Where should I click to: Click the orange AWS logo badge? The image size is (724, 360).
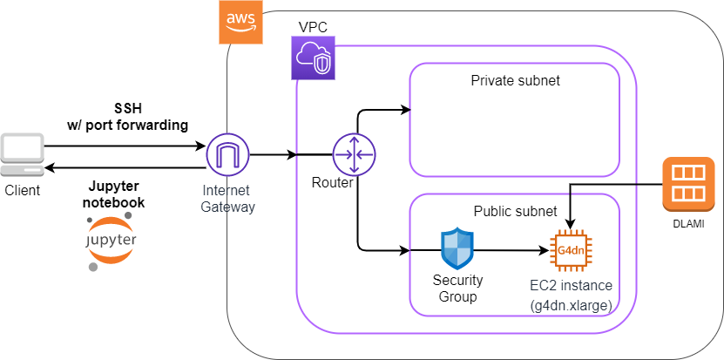tap(240, 22)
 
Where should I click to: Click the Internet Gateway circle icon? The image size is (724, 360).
tap(228, 155)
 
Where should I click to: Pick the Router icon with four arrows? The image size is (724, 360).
tap(354, 155)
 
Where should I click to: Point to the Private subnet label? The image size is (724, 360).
tap(515, 81)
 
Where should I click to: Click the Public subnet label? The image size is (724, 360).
tap(515, 212)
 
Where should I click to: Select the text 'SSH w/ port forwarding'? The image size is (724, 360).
tap(127, 116)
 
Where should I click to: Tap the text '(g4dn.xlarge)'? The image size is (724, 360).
tap(571, 304)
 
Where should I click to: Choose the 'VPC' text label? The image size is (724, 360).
tap(312, 27)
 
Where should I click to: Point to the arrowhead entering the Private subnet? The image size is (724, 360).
tap(405, 110)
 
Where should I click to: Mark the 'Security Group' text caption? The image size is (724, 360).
tap(457, 289)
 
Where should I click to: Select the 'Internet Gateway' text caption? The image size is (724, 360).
tap(227, 198)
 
